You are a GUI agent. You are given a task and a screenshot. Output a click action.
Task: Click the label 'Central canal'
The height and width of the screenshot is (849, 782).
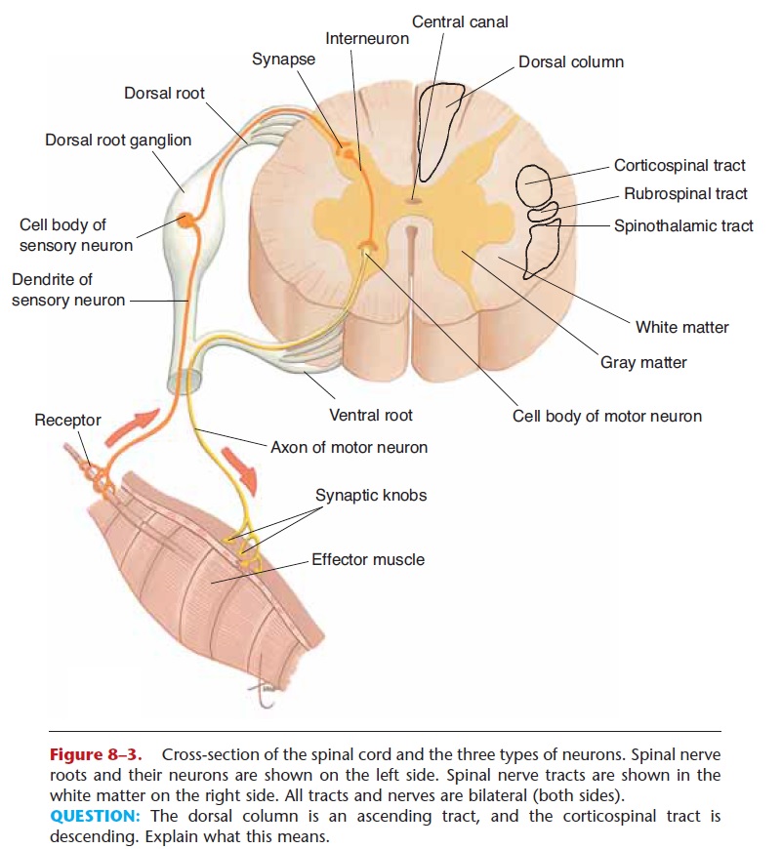(x=460, y=21)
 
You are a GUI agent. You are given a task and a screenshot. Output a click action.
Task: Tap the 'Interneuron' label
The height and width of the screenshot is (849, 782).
(x=367, y=39)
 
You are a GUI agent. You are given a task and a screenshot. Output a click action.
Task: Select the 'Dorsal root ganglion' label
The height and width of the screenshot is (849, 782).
(x=118, y=140)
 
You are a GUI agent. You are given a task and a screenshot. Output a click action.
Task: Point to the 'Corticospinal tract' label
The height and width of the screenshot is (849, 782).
(x=679, y=166)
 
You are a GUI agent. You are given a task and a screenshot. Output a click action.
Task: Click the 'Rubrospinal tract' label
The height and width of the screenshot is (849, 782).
(x=685, y=194)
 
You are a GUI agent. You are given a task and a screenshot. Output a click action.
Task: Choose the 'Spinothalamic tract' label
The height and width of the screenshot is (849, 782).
(x=683, y=225)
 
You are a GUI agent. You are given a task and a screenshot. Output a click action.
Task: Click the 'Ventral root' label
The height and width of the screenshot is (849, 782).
(x=371, y=415)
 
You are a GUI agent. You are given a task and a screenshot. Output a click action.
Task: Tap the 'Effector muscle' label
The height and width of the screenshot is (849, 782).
(x=368, y=559)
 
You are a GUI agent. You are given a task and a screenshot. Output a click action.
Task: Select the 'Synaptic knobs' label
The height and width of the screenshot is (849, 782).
(x=371, y=495)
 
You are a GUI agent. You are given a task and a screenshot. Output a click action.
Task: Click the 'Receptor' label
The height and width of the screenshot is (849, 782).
(x=67, y=420)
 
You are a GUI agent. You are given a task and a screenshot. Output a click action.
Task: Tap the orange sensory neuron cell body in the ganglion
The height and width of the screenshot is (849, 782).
(x=186, y=222)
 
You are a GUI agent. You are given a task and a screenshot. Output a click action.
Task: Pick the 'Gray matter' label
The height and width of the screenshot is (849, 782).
(x=643, y=362)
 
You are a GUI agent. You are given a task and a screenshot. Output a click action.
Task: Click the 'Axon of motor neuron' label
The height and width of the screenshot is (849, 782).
(x=350, y=447)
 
